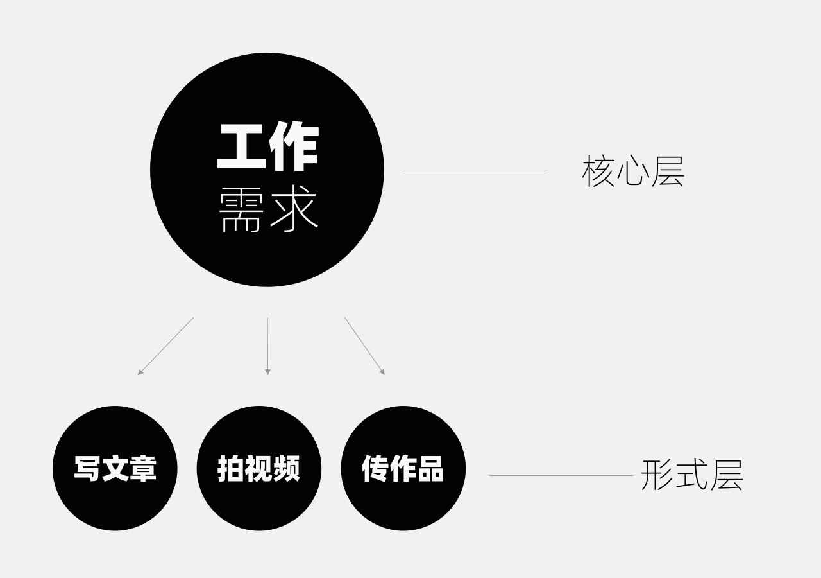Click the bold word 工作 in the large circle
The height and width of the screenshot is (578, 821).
268,146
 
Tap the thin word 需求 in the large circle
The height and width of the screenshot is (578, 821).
268,209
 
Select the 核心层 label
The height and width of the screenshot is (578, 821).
633,171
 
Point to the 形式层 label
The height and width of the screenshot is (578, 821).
692,475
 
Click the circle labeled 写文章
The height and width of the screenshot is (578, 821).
115,468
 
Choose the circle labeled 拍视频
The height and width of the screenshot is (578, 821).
259,468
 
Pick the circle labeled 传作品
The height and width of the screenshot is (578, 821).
403,468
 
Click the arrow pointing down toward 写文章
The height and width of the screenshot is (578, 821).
165,346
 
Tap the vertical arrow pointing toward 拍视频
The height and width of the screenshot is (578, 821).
267,346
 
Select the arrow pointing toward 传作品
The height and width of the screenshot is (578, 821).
365,346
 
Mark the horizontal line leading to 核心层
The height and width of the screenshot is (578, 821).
475,170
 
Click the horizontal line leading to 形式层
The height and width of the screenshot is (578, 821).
561,476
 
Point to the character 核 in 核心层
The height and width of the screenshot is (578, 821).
598,171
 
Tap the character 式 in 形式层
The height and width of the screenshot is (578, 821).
691,475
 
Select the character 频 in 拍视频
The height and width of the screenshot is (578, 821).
286,469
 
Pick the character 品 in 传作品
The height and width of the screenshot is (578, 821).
430,469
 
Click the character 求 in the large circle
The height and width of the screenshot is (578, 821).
294,209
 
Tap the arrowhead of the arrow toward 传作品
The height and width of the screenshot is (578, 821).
382,372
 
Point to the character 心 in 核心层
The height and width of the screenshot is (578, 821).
633,171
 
